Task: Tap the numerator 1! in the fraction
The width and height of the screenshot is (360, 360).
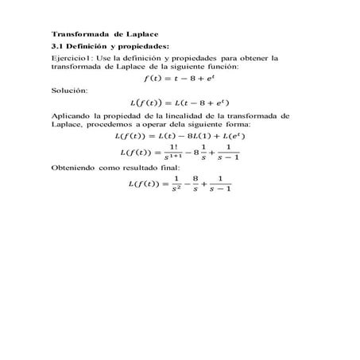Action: pos(173,147)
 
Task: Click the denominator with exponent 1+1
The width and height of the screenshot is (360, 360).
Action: pos(173,157)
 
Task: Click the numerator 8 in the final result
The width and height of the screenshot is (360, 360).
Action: pos(194,180)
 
